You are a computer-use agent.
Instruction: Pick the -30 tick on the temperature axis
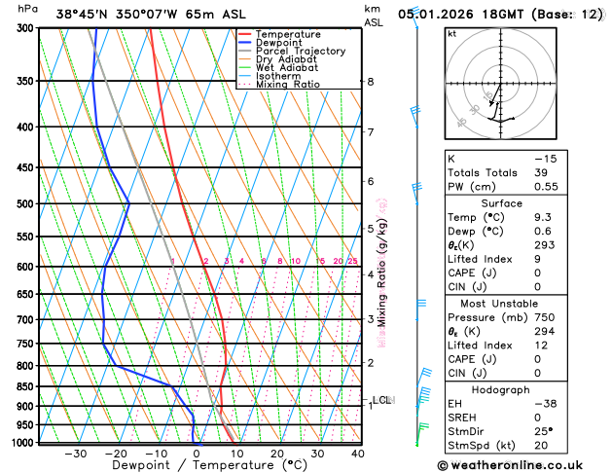(76, 454)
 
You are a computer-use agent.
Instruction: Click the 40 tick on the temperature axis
(358, 454)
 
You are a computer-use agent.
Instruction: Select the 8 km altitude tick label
(371, 82)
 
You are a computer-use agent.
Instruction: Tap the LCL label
(382, 400)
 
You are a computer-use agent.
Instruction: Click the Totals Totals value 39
(540, 172)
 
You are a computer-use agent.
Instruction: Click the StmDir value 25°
(542, 430)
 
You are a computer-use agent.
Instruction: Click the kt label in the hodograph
(451, 34)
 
